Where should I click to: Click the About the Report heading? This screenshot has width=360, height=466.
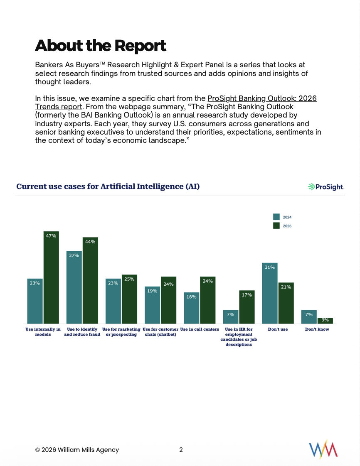(100, 45)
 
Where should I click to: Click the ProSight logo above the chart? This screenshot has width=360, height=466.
(326, 187)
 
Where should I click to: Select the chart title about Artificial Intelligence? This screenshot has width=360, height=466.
(108, 186)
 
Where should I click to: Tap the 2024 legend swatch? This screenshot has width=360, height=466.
(276, 217)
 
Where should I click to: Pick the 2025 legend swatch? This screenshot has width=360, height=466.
(276, 226)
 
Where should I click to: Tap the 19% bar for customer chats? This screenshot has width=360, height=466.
(152, 305)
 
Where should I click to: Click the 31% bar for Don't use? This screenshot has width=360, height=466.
(269, 293)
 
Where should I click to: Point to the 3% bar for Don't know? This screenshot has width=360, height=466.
(325, 321)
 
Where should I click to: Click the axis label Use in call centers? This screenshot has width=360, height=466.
(200, 329)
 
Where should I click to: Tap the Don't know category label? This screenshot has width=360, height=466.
(317, 329)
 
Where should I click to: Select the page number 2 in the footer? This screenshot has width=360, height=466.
(181, 449)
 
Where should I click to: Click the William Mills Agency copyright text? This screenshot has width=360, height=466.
(77, 450)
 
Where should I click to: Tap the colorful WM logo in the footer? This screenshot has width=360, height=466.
(323, 449)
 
